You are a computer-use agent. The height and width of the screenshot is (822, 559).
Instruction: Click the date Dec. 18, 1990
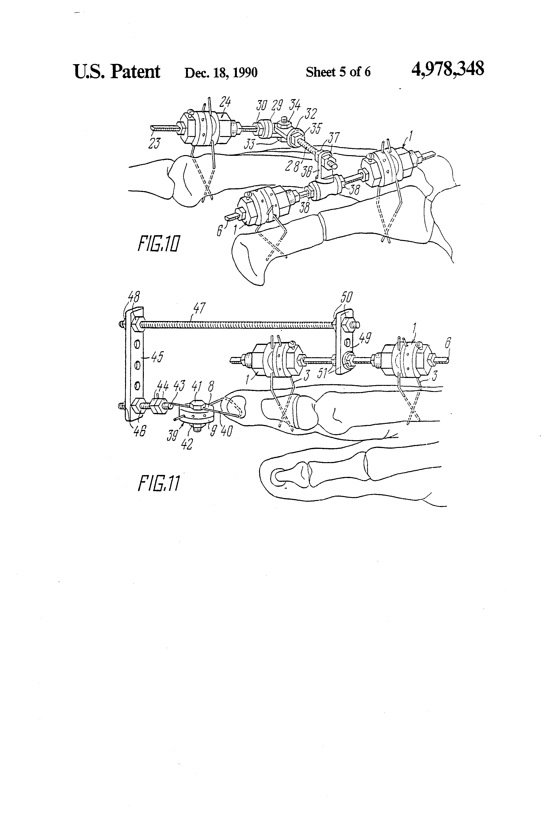tap(221, 73)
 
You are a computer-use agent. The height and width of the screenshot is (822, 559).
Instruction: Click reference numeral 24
tap(225, 103)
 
